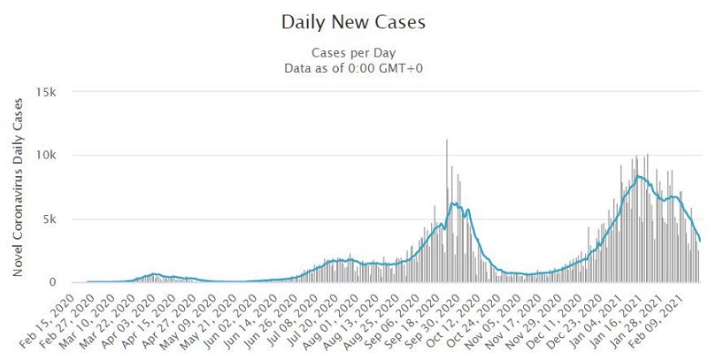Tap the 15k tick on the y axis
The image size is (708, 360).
click(46, 92)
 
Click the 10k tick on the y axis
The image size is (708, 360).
click(46, 156)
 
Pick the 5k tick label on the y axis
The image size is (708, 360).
click(50, 219)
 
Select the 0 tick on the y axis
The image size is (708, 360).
click(53, 283)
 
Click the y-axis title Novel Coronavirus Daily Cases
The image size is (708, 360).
click(18, 188)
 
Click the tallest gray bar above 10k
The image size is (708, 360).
click(447, 212)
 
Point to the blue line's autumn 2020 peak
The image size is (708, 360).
click(453, 203)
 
